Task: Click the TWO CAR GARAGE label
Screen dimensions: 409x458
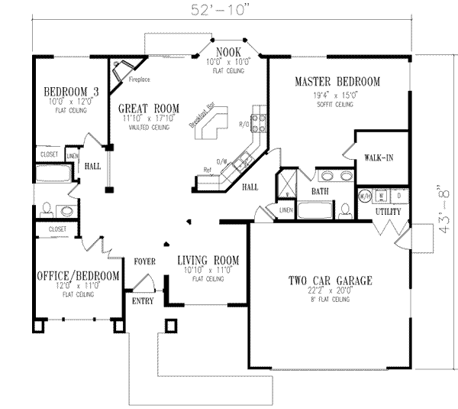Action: (x=330, y=281)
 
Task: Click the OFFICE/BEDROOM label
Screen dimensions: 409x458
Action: (x=78, y=275)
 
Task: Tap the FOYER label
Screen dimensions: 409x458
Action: (x=145, y=261)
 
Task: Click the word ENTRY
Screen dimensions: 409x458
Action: (x=142, y=300)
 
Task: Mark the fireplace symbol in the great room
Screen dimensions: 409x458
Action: (x=120, y=72)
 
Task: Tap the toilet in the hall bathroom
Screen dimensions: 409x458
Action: (x=47, y=208)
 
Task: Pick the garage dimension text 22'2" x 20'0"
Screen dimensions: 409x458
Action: (x=330, y=291)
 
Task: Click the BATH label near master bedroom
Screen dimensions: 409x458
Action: (x=320, y=192)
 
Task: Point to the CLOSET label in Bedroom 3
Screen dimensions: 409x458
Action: (x=49, y=154)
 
